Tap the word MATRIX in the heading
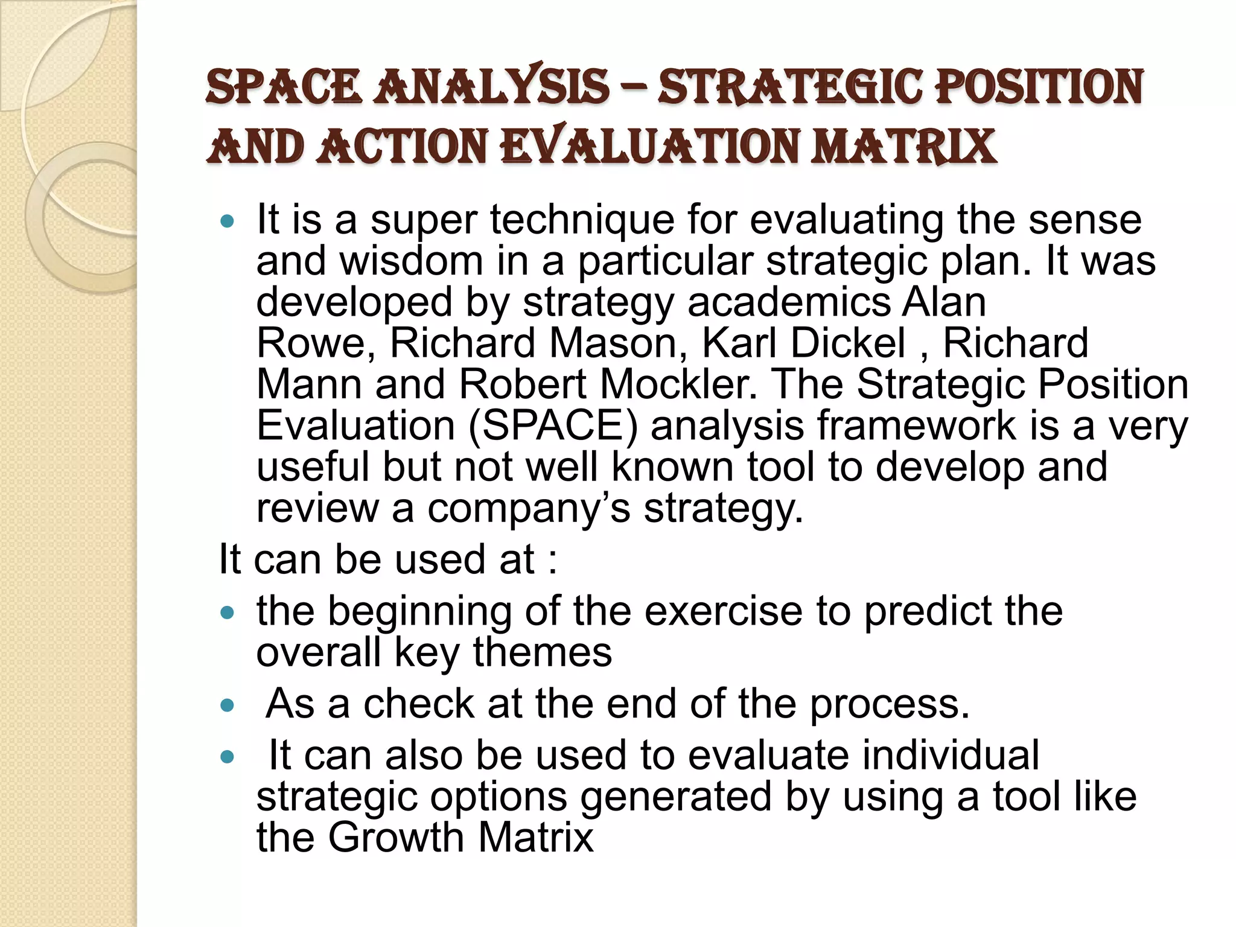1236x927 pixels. [x=903, y=147]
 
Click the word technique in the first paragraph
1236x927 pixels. [x=582, y=220]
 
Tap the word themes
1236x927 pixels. [x=542, y=653]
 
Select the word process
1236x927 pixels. [x=890, y=704]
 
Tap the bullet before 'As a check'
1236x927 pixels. [x=227, y=706]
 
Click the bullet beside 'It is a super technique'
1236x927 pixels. [x=227, y=221]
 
